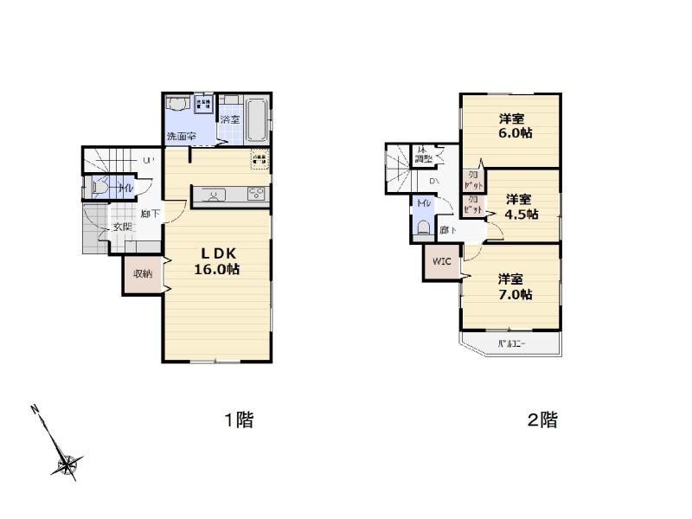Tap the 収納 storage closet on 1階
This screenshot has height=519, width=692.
click(x=143, y=274)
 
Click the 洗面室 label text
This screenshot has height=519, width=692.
click(x=181, y=137)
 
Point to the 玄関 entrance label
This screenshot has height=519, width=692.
click(x=122, y=227)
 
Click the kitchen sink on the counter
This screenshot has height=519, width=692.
click(x=212, y=195)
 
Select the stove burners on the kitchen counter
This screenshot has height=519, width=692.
click(x=258, y=194)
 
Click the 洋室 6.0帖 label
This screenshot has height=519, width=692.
click(x=513, y=126)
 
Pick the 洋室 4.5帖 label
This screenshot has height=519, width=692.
click(x=522, y=206)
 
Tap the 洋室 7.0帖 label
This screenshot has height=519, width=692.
click(x=514, y=286)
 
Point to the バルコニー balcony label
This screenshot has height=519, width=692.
click(x=512, y=346)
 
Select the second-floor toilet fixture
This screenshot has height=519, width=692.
click(x=423, y=227)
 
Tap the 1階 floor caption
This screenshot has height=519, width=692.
click(x=239, y=421)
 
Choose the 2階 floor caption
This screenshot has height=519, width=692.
click(x=542, y=421)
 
